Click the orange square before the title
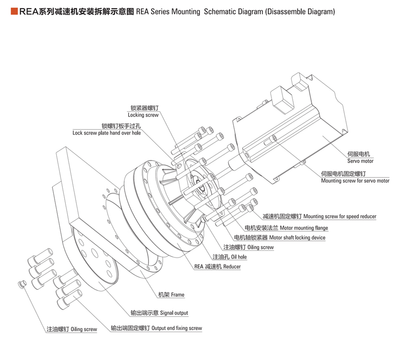pyautogui.click(x=14, y=11)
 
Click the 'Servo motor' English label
pyautogui.click(x=360, y=161)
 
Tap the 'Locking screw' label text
pyautogui.click(x=143, y=115)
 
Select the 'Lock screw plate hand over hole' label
pyautogui.click(x=107, y=133)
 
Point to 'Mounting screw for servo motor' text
pyautogui.click(x=355, y=181)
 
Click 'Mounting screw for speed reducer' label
pyautogui.click(x=340, y=217)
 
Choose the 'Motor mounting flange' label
pyautogui.click(x=304, y=228)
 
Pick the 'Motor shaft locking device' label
pyautogui.click(x=297, y=238)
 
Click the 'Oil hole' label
pyautogui.click(x=239, y=257)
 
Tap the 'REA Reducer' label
pyautogui.click(x=217, y=267)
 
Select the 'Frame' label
pyautogui.click(x=177, y=295)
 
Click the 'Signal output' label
pyautogui.click(x=174, y=313)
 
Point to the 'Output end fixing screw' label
pyautogui.click(x=176, y=328)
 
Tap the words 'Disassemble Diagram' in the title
pyautogui.click(x=299, y=12)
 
